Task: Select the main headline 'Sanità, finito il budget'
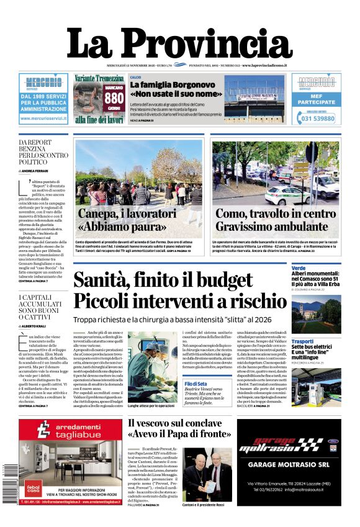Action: point(163,281)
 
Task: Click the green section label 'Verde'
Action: point(299,268)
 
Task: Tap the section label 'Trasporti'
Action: point(302,341)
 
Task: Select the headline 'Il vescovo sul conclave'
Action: point(175,423)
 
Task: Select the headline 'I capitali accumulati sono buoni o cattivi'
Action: point(42,307)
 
